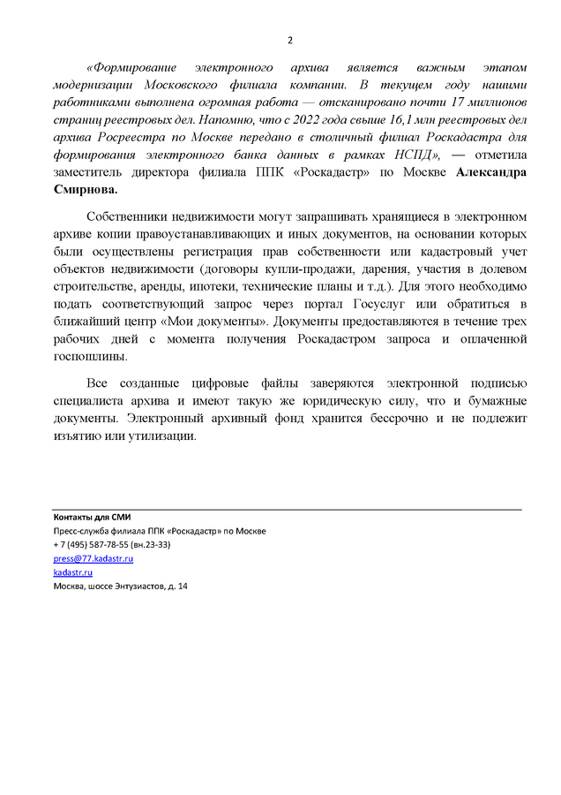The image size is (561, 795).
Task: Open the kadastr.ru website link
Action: click(x=72, y=572)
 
